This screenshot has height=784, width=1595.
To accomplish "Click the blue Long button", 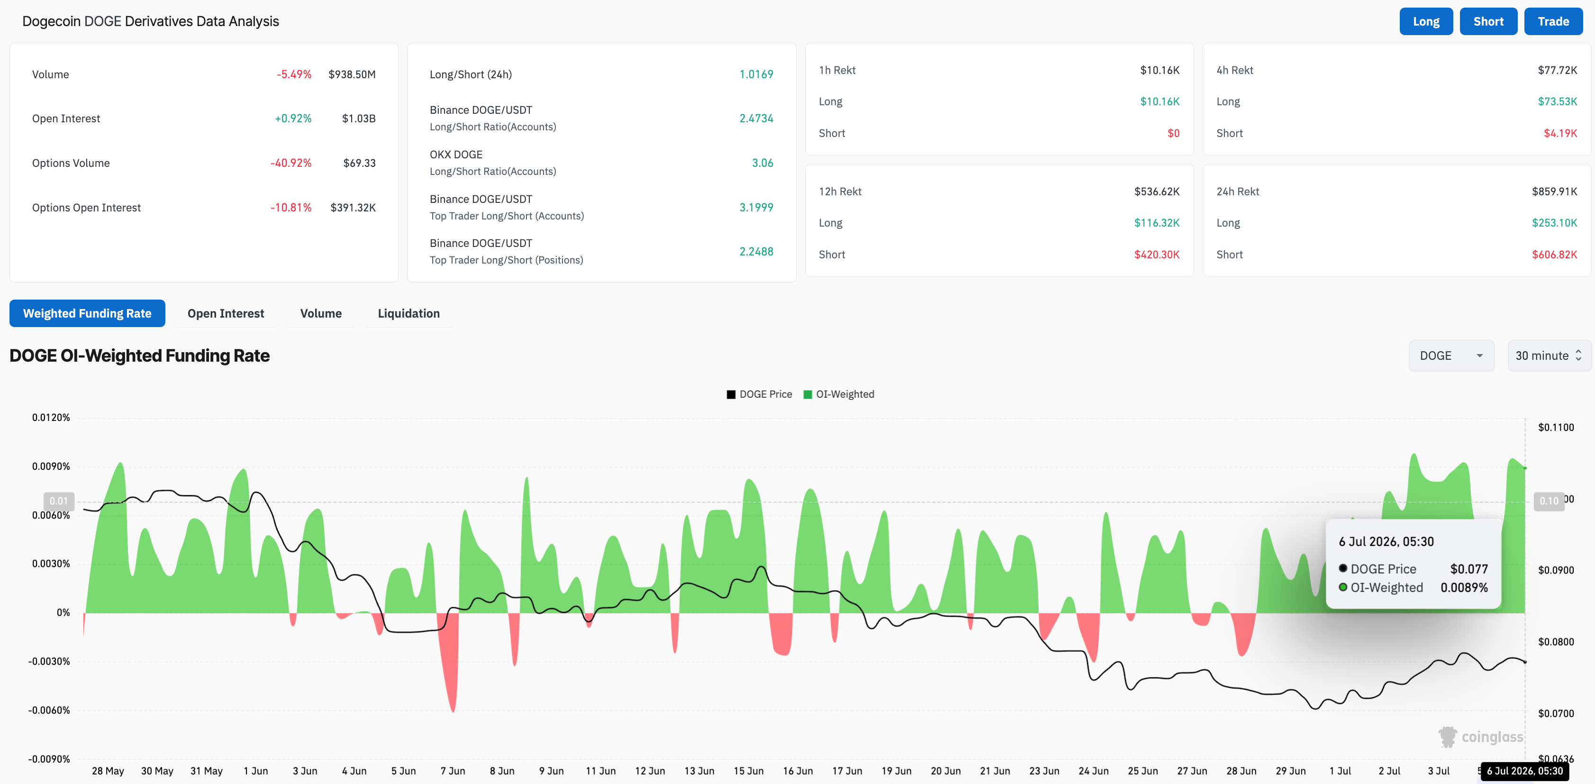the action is point(1425,22).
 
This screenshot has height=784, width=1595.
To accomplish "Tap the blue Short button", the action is point(1488,22).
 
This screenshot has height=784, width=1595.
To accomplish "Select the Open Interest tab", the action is point(226,313).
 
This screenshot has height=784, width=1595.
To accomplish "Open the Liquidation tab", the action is point(408,313).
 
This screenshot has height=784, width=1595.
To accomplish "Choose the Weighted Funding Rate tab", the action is point(87,313).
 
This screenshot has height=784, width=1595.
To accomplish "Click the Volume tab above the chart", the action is point(321,313).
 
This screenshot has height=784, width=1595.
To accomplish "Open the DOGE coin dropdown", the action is point(1451,356).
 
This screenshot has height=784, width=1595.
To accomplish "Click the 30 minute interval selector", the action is point(1549,356).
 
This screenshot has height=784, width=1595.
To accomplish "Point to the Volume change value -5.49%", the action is point(294,74).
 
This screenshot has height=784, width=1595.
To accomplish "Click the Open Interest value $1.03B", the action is point(359,119).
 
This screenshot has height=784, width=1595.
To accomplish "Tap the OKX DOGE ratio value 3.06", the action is point(762,163).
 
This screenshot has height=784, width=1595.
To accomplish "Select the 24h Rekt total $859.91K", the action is point(1554,191).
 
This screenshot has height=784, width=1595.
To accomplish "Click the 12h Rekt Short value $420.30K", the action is point(1157,255).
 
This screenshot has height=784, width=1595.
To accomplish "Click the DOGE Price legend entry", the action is point(759,394).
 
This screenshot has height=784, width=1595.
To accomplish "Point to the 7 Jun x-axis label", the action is point(453,771).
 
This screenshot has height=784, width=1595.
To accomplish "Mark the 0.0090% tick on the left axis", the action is point(51,466).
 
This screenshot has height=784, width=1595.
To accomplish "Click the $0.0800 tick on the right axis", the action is point(1555,642).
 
